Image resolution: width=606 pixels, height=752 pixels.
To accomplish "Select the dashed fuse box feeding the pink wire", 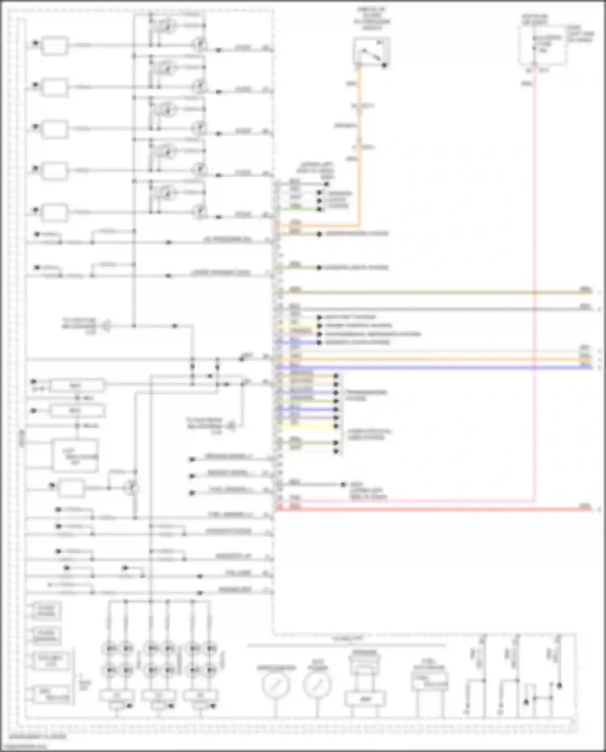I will pos(543,44).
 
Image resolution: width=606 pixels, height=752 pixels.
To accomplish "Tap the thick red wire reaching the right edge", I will pos(444,510).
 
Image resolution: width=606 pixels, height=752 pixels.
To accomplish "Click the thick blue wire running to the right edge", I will pos(444,368).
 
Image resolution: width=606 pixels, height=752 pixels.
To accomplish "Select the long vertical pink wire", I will pos(534,283).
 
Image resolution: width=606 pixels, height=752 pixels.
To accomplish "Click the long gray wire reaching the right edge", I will pos(444,309).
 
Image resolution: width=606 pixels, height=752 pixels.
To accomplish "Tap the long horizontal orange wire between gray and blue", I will pos(444,359).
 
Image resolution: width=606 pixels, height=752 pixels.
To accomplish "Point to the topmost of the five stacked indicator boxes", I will pos(55,46).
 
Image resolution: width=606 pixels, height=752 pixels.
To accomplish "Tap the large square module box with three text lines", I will pos(75,456).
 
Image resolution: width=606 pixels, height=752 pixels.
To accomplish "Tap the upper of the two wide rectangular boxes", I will pos(76,385).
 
